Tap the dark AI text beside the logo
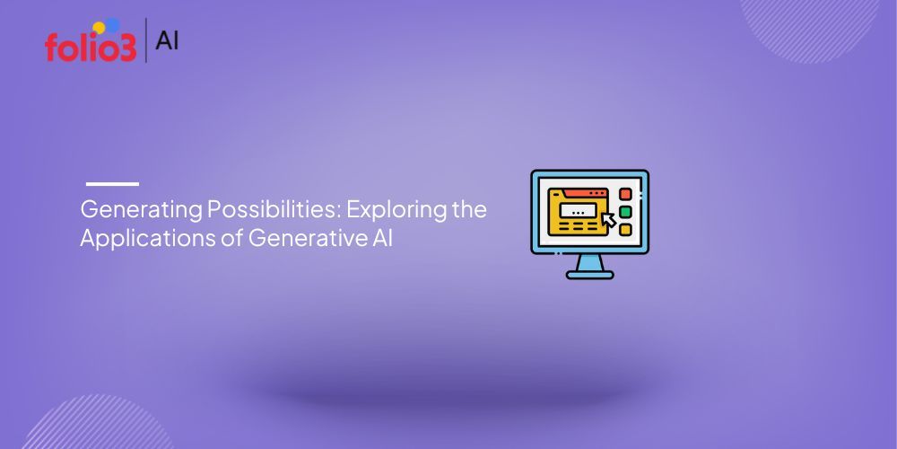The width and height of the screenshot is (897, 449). click(x=167, y=40)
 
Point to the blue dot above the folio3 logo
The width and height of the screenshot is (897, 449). click(x=112, y=24)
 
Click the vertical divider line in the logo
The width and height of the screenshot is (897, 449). click(x=145, y=40)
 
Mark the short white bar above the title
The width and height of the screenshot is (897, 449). click(x=112, y=184)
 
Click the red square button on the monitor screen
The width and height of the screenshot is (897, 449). click(x=625, y=194)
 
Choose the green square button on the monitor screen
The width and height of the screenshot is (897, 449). click(x=625, y=212)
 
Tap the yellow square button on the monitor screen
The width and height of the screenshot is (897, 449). click(x=625, y=230)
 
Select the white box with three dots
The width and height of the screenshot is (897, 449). click(x=579, y=212)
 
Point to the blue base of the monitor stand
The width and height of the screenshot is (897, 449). click(x=589, y=273)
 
